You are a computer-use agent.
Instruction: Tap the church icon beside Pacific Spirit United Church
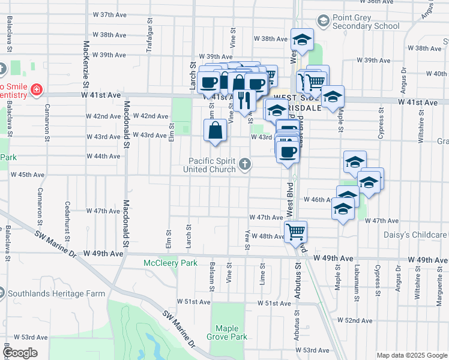[245, 164]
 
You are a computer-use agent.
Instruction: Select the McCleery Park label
[170, 263]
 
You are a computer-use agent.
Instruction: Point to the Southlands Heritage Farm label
[56, 294]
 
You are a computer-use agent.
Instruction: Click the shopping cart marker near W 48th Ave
[295, 231]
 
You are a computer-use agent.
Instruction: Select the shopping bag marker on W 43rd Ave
[215, 130]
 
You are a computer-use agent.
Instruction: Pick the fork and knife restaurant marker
[244, 99]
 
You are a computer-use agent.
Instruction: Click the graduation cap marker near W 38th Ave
[302, 40]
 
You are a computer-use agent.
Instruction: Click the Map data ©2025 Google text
[411, 355]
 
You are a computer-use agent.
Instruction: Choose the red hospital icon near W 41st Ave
[37, 90]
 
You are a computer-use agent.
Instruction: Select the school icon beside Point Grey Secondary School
[324, 22]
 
